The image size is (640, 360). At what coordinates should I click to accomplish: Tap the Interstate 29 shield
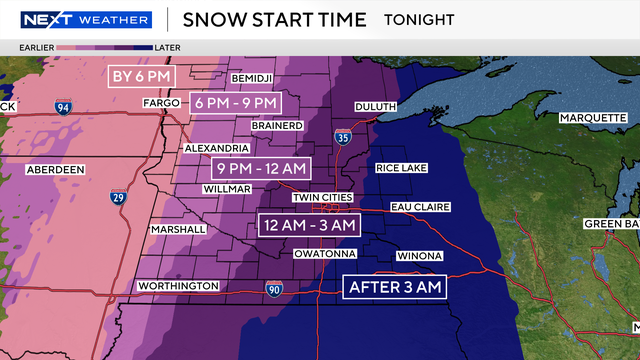[118, 198]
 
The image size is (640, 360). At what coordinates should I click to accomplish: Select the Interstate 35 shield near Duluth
[343, 138]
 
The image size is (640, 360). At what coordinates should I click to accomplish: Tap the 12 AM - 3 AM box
[308, 224]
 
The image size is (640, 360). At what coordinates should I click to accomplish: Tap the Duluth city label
[377, 104]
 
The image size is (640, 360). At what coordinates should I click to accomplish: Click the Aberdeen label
[53, 169]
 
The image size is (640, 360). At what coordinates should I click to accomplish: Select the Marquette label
[592, 117]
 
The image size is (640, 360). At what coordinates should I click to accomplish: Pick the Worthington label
[178, 286]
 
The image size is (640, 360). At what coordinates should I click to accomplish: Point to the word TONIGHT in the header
[418, 20]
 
